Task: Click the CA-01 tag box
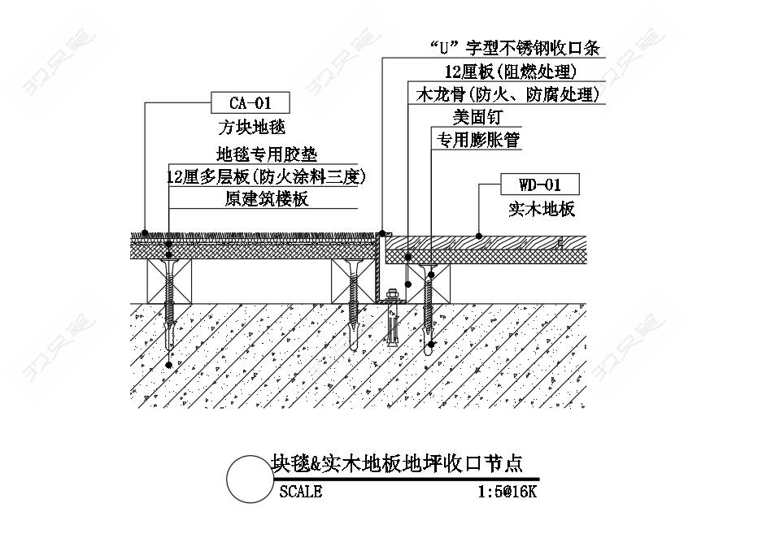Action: (250, 103)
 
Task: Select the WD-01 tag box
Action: (540, 184)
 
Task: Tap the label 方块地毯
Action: (251, 127)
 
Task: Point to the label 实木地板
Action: (542, 209)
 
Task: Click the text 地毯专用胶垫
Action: (267, 154)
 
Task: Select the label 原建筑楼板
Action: (267, 198)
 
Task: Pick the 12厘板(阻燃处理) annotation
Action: (511, 72)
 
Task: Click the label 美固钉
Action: (477, 116)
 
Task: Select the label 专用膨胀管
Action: (478, 140)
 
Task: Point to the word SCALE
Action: (301, 492)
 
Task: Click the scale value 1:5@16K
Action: (508, 492)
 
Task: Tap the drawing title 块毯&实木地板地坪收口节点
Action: (396, 463)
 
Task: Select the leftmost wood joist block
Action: (169, 281)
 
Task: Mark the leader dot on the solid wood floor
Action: (478, 236)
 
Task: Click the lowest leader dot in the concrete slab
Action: (168, 365)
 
